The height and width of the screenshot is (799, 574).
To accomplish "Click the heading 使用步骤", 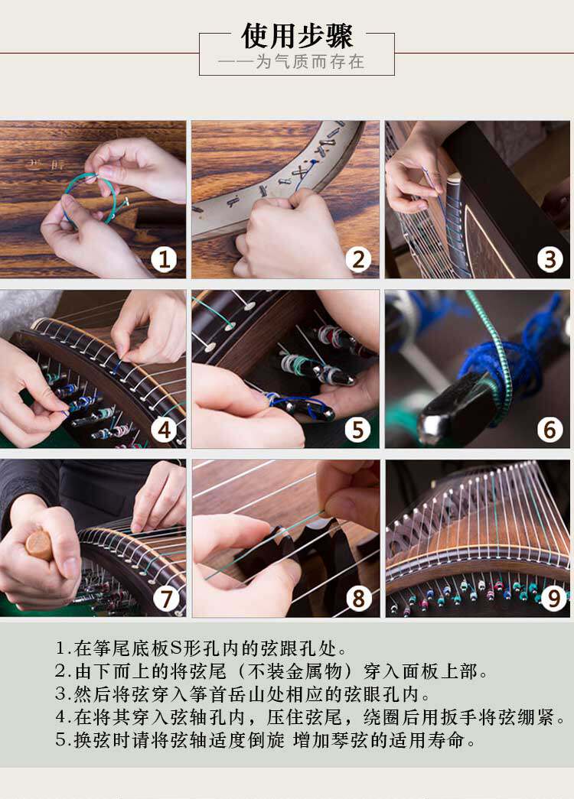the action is coord(297,36).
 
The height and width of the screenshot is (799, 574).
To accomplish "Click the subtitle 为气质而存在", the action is coord(310,62).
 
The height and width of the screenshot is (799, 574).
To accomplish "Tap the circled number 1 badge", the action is coord(164,259).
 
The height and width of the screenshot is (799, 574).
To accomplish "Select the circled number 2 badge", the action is coord(358,259).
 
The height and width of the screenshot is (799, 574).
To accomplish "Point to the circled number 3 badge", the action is coord(550,259).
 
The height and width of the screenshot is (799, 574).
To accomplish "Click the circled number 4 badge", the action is coord(164,430).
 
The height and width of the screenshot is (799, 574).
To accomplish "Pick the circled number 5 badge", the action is coord(358,430).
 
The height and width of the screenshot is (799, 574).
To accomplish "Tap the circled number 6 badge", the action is coord(550,430).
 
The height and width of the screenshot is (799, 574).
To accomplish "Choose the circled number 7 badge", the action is coord(166,598).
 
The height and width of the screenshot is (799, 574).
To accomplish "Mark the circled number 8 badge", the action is coord(359,598).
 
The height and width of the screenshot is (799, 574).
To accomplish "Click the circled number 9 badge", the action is coord(554,598).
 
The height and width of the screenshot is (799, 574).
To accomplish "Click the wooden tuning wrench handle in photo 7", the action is coord(40,545).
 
